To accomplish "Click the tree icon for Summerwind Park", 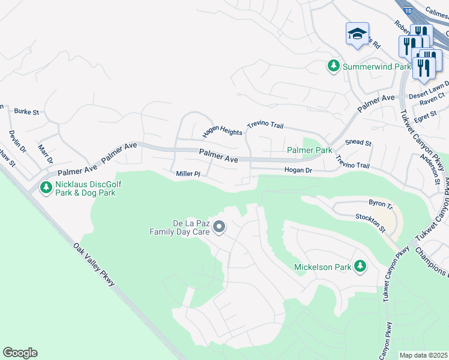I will click(334, 67).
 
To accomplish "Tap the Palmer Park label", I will click(309, 150).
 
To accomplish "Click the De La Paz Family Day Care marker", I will click(219, 227).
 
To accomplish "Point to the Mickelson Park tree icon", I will click(360, 266).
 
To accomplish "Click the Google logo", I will click(20, 353).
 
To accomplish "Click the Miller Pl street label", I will click(187, 174).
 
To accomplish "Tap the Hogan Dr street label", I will click(298, 170).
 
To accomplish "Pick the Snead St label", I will click(358, 143).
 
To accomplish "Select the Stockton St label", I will click(370, 223).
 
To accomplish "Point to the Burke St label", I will click(26, 112).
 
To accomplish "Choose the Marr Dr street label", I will click(45, 153).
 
